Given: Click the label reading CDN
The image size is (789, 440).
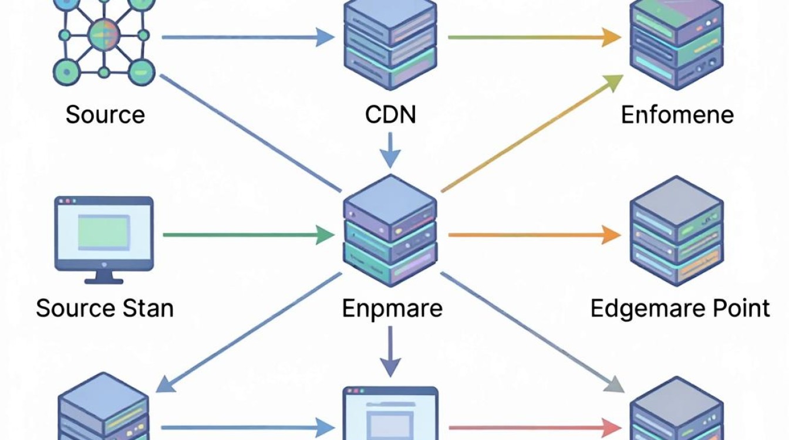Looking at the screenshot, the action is pyautogui.click(x=390, y=114).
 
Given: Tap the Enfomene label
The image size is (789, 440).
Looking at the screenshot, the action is pyautogui.click(x=677, y=115).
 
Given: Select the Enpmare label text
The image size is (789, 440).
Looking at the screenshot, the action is pyautogui.click(x=392, y=309).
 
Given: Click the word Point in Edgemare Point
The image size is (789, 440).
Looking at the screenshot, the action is pyautogui.click(x=741, y=309).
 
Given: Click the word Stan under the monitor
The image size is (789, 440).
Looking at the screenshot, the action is pyautogui.click(x=148, y=309).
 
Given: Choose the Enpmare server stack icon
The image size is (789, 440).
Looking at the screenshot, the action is pyautogui.click(x=390, y=231).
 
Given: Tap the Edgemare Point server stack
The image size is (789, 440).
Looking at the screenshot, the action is pyautogui.click(x=677, y=231).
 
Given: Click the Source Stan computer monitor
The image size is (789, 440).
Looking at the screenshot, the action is pyautogui.click(x=104, y=240).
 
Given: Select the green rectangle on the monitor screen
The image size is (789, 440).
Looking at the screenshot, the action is pyautogui.click(x=104, y=233).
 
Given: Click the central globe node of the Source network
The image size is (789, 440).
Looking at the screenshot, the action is pyautogui.click(x=104, y=35).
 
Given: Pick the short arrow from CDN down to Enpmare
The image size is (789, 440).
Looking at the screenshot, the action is pyautogui.click(x=390, y=150).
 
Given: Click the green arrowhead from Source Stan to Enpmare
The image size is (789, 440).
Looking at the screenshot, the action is pyautogui.click(x=325, y=235).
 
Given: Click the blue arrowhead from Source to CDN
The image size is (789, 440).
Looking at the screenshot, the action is pyautogui.click(x=325, y=37).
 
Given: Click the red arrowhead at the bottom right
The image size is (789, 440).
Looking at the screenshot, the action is pyautogui.click(x=612, y=428).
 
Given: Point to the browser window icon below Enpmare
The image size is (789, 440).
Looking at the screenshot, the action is pyautogui.click(x=390, y=413).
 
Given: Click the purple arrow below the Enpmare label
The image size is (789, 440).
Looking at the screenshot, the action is pyautogui.click(x=390, y=351).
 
